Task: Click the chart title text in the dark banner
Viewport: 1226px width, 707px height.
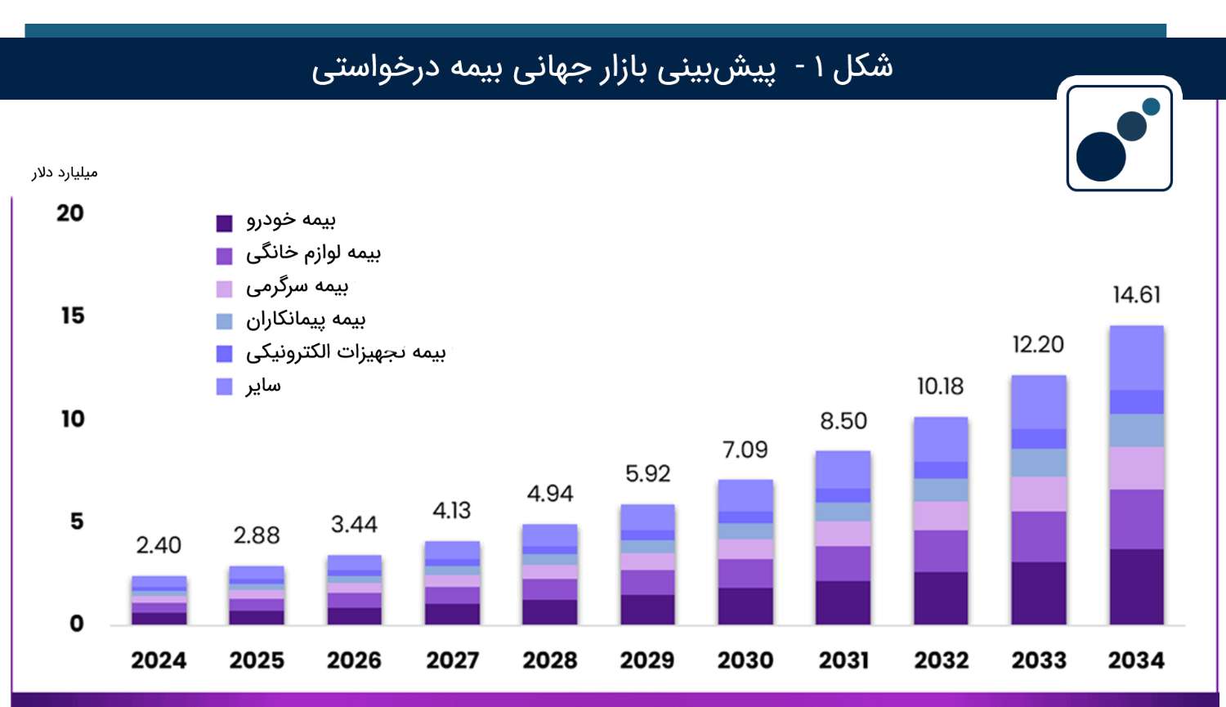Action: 602,67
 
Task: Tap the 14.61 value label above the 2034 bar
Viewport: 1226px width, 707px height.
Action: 1136,294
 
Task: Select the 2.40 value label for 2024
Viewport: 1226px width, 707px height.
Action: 159,545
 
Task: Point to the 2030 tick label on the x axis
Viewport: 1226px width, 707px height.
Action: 745,660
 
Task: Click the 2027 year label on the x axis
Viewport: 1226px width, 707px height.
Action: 452,660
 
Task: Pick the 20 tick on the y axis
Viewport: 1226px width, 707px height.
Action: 70,213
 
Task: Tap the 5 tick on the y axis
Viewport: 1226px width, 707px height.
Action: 76,521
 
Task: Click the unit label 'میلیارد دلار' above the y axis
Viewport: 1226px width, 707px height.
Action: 65,172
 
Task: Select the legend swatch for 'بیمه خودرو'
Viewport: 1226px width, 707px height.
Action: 224,223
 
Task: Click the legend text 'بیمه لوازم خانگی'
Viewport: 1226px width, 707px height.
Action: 313,253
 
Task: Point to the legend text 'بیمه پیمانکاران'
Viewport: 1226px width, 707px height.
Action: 306,320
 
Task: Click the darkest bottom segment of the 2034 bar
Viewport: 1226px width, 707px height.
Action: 1136,587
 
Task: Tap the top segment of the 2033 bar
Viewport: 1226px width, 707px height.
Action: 1038,402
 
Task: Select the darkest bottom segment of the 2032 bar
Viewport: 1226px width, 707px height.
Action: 941,598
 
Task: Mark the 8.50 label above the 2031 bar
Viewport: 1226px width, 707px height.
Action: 843,421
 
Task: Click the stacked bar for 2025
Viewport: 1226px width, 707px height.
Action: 257,595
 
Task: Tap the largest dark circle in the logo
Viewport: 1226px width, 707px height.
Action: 1101,157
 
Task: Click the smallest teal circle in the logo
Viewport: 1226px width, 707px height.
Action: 1151,106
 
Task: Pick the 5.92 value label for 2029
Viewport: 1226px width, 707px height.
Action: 647,474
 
